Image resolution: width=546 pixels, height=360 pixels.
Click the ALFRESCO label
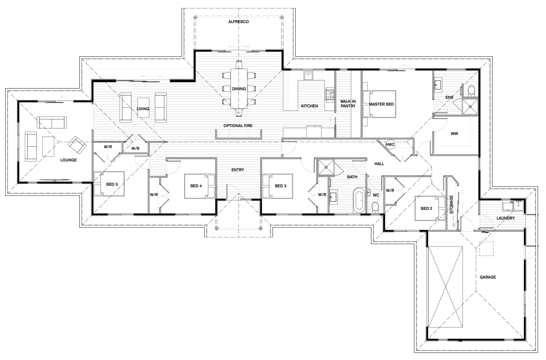pos(238,22)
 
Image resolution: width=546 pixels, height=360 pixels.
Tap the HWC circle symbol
pos(390,144)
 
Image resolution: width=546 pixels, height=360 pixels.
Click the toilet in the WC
pos(375,208)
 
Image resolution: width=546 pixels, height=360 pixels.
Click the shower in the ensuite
pos(470,106)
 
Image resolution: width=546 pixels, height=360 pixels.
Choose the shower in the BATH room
pos(326,167)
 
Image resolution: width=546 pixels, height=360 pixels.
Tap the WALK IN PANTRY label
pos(348,104)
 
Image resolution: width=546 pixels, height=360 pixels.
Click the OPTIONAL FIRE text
pos(238,126)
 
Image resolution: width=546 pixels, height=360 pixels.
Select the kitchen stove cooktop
pos(330,95)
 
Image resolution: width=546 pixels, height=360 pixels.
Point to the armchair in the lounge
pos(77,145)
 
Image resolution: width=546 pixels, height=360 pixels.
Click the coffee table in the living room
pos(143,107)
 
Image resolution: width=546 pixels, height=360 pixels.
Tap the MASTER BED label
pos(381,104)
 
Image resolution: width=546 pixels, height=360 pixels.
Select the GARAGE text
pos(488,277)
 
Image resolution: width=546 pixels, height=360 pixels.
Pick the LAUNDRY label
pos(506,218)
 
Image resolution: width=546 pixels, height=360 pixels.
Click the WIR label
pos(454,134)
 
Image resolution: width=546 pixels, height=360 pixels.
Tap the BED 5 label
pos(112,184)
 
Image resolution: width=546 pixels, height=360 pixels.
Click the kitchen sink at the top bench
pos(308,75)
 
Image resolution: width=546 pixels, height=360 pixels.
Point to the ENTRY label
pos(238,170)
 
